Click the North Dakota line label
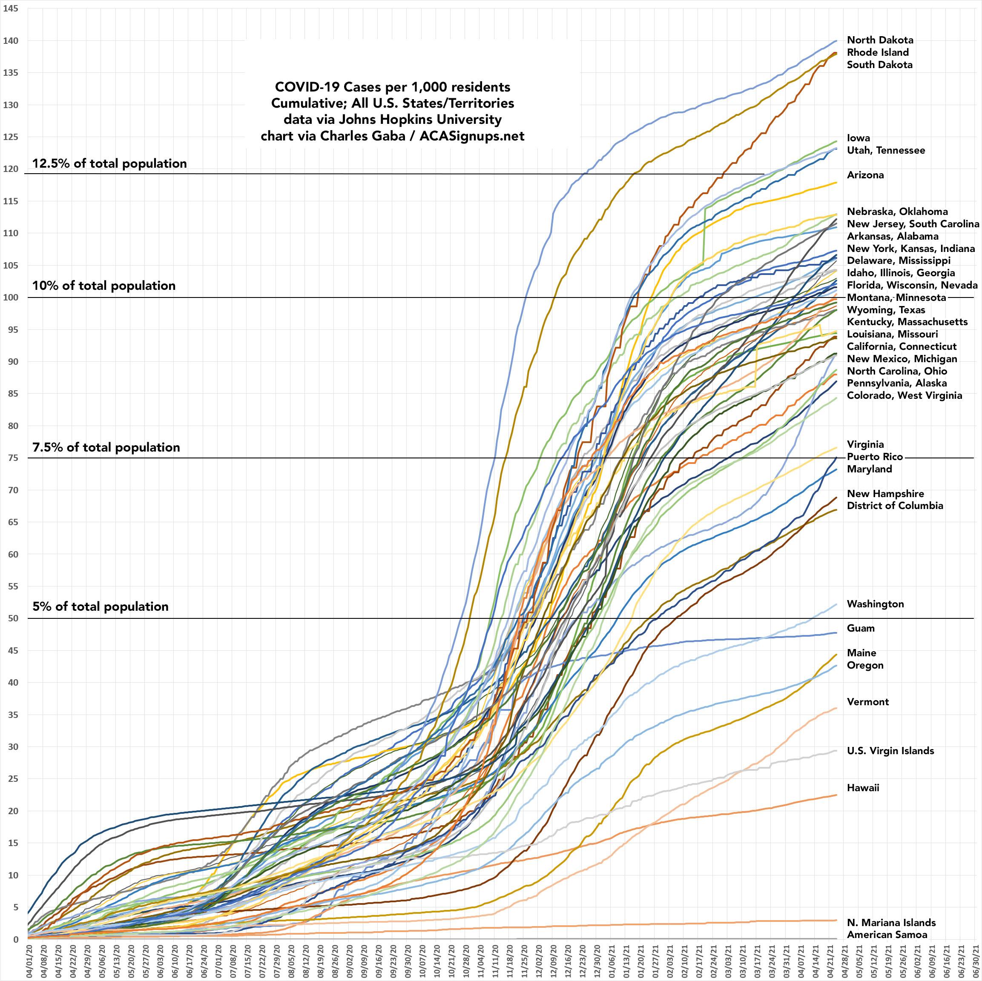pos(880,40)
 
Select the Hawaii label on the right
pos(863,788)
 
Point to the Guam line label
pos(861,629)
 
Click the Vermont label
pos(867,702)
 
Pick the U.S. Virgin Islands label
pos(890,751)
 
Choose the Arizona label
pos(865,175)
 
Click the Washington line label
pos(875,604)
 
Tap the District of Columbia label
pos(895,506)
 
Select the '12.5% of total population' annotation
pos(109,163)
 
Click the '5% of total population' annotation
pos(100,606)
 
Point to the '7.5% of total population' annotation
pos(106,448)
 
